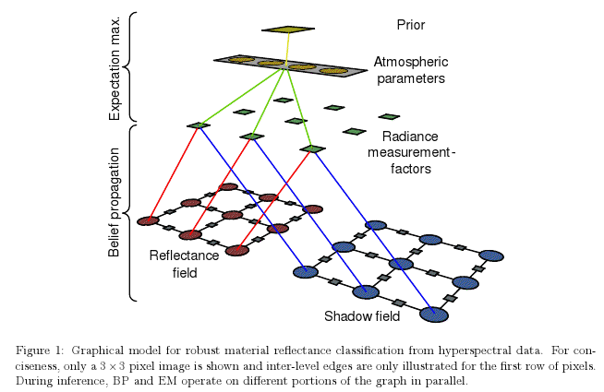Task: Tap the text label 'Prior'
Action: (409, 25)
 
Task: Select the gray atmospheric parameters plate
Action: (286, 65)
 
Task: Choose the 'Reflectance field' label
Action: (184, 264)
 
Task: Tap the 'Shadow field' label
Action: (361, 317)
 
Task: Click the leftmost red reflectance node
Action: (148, 220)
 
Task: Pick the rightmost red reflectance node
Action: (312, 209)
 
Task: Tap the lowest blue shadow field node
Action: (433, 315)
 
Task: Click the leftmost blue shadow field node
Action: (306, 271)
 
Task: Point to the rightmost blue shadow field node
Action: (491, 255)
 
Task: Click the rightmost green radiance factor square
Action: (389, 116)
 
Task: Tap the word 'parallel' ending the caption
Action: (448, 379)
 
